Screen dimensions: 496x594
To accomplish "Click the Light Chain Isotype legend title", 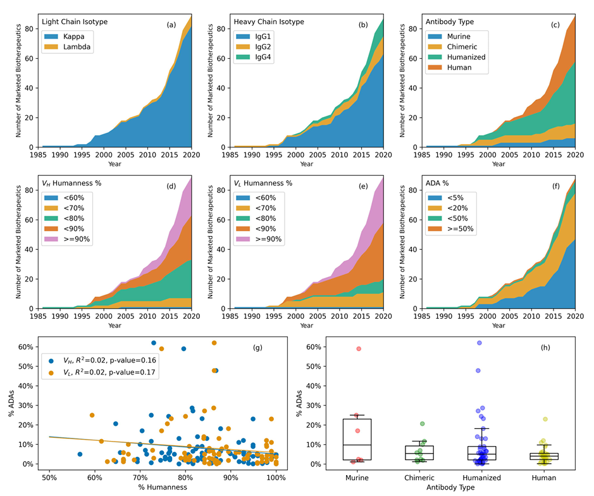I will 75,22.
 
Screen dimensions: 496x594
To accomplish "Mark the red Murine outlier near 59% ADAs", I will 359,349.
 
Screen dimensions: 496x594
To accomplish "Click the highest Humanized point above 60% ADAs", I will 480,343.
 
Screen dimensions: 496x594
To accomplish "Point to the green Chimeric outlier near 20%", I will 422,424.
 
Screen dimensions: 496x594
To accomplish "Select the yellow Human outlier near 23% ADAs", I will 544,419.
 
